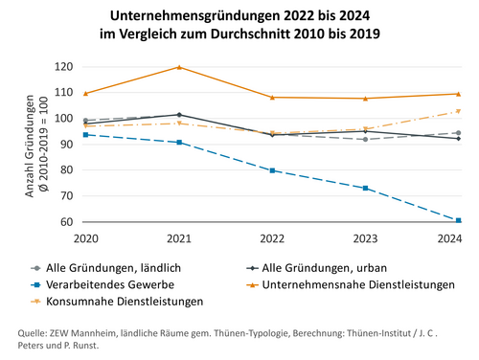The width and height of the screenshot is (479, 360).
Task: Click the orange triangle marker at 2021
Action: [178, 67]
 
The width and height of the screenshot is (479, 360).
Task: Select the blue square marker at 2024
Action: [458, 220]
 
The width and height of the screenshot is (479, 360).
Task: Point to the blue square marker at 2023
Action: [365, 188]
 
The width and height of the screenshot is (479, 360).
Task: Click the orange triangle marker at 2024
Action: [458, 94]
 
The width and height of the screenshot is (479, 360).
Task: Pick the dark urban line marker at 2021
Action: [178, 115]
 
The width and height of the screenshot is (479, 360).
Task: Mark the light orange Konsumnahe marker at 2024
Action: [458, 111]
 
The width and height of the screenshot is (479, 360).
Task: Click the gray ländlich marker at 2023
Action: [365, 140]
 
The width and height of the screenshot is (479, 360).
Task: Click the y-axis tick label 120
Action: [64, 67]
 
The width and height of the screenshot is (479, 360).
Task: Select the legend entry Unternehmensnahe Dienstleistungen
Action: [360, 284]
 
